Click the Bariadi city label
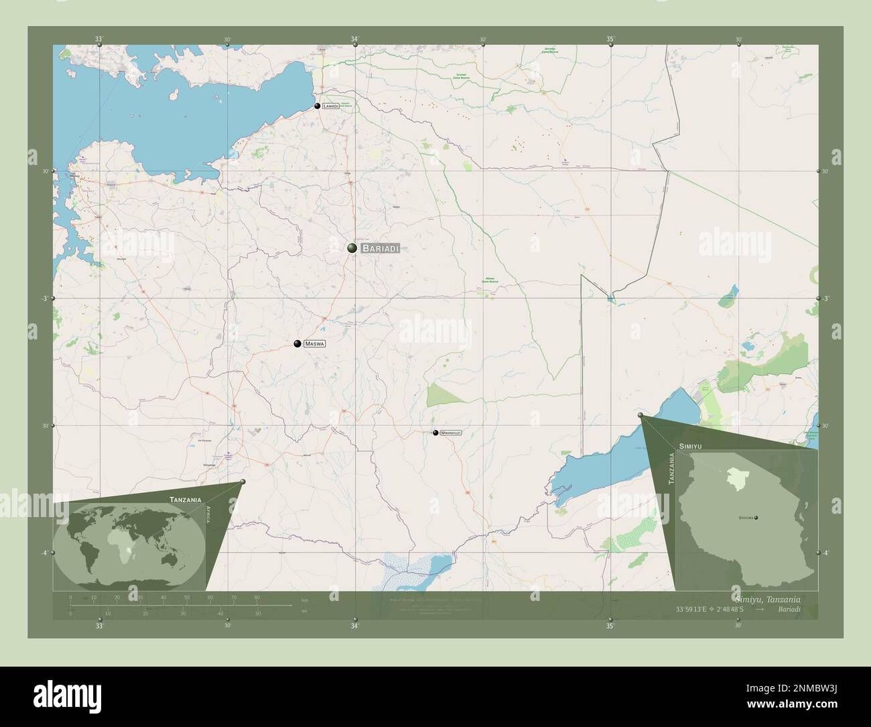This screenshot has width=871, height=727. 380,248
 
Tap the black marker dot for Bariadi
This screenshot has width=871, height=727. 352,248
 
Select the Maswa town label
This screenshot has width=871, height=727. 314,343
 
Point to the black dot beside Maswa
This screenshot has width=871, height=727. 297,343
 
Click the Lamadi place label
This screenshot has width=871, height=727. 330,106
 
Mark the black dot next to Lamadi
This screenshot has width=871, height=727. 317,105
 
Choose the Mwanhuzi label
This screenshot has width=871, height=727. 450,433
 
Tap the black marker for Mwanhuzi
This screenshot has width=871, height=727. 435,433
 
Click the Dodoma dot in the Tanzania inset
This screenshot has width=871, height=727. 756,517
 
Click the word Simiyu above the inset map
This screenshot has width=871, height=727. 690,446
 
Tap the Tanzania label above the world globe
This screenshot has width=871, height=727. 186,500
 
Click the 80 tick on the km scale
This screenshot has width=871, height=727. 257,597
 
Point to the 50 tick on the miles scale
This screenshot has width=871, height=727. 257,613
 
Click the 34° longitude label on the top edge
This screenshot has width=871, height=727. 354,39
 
